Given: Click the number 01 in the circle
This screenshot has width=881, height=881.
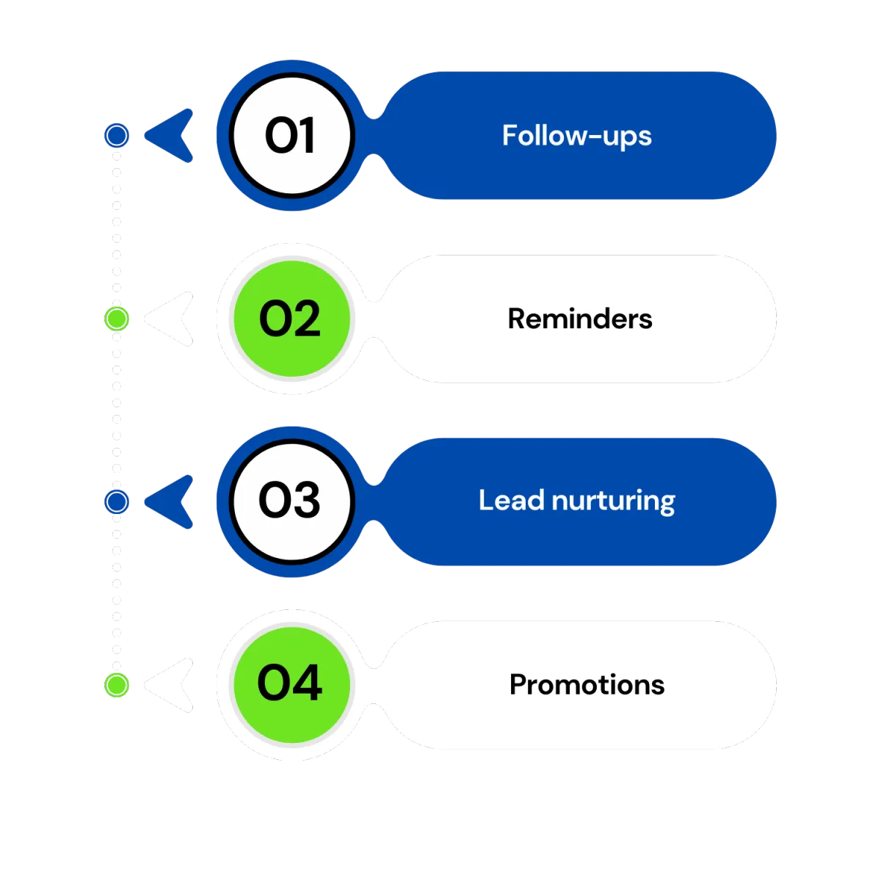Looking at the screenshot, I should (x=290, y=136).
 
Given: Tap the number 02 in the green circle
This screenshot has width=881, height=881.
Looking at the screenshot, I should (x=290, y=319).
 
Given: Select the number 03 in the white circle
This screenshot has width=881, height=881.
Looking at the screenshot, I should (x=290, y=501).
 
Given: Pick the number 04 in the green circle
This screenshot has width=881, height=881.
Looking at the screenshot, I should (x=290, y=684).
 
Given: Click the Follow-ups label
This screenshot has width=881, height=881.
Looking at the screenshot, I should (x=576, y=137).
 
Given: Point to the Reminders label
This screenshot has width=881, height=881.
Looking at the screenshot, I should (x=579, y=319).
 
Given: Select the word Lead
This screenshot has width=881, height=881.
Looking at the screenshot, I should (x=512, y=501).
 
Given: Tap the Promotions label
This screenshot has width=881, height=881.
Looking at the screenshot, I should (x=587, y=684).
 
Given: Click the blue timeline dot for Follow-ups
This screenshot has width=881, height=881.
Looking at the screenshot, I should (x=116, y=135).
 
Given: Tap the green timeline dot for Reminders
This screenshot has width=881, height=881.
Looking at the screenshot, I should (x=116, y=319).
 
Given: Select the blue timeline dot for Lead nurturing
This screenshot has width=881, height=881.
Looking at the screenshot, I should (x=116, y=501).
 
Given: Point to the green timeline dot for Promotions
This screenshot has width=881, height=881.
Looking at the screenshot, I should (x=116, y=684).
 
